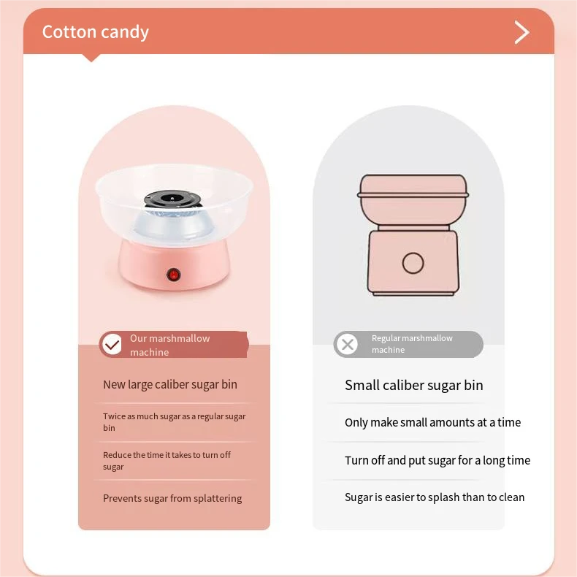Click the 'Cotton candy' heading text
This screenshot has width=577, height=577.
pyautogui.click(x=95, y=32)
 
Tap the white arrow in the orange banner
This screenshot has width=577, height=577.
pyautogui.click(x=521, y=32)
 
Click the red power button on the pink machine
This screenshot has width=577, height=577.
pyautogui.click(x=173, y=275)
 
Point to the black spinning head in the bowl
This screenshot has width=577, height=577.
pyautogui.click(x=172, y=200)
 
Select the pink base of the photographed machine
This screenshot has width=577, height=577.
pyautogui.click(x=174, y=266)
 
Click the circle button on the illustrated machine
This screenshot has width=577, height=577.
pyautogui.click(x=413, y=263)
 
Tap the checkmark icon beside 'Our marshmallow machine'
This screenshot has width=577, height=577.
pyautogui.click(x=112, y=345)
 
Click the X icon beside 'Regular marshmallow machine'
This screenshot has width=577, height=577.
pyautogui.click(x=348, y=344)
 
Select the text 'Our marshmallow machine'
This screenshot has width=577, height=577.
pyautogui.click(x=169, y=345)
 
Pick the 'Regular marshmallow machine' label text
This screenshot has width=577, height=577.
pyautogui.click(x=412, y=344)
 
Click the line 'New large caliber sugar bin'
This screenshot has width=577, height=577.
pyautogui.click(x=170, y=384)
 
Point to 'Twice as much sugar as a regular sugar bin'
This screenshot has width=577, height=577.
pyautogui.click(x=174, y=421)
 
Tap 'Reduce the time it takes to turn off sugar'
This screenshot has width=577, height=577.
pyautogui.click(x=167, y=460)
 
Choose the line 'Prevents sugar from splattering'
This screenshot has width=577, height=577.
pyautogui.click(x=172, y=498)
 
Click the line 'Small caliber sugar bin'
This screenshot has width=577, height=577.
pyautogui.click(x=413, y=386)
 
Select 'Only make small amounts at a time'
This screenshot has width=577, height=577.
pyautogui.click(x=432, y=422)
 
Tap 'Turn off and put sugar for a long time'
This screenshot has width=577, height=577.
pyautogui.click(x=437, y=460)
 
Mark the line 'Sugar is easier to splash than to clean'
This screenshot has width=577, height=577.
pyautogui.click(x=435, y=497)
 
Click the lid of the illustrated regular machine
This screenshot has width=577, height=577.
pyautogui.click(x=413, y=186)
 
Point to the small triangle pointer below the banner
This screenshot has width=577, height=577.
pyautogui.click(x=91, y=58)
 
